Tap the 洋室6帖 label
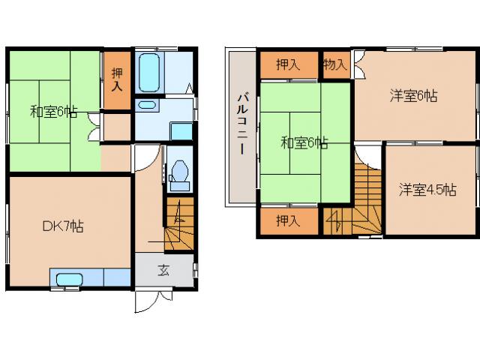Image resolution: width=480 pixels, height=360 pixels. tap(413, 95)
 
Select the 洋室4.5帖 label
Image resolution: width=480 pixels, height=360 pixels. tap(427, 190)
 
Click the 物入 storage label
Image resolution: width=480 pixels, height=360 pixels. tap(334, 64)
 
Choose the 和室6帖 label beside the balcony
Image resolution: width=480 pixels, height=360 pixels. tap(304, 142)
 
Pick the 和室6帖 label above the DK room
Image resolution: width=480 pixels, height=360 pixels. tap(53, 112)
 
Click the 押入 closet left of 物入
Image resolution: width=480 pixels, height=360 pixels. tap(288, 64)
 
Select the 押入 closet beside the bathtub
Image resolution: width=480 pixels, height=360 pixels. tap(117, 79)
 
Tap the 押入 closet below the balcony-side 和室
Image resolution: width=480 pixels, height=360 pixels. tap(288, 220)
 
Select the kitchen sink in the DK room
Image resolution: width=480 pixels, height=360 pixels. tap(70, 280)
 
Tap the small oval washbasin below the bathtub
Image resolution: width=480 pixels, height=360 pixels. tap(147, 105)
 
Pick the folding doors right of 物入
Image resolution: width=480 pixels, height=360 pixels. tap(359, 64)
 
